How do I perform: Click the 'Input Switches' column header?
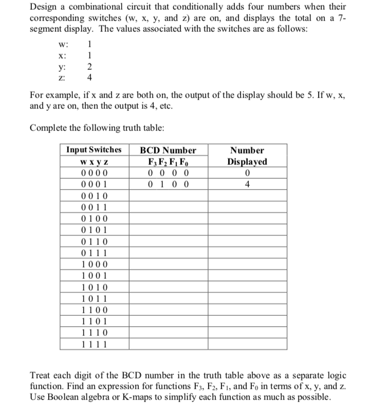[94, 150]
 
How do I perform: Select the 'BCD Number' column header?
[168, 150]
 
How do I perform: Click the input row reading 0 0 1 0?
[94, 196]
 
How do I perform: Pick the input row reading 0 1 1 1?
[94, 253]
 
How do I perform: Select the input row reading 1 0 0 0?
[94, 265]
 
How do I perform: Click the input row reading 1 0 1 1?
[94, 299]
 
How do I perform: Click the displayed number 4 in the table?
[247, 185]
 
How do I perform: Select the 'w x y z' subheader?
[94, 162]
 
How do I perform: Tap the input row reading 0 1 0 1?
[94, 231]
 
